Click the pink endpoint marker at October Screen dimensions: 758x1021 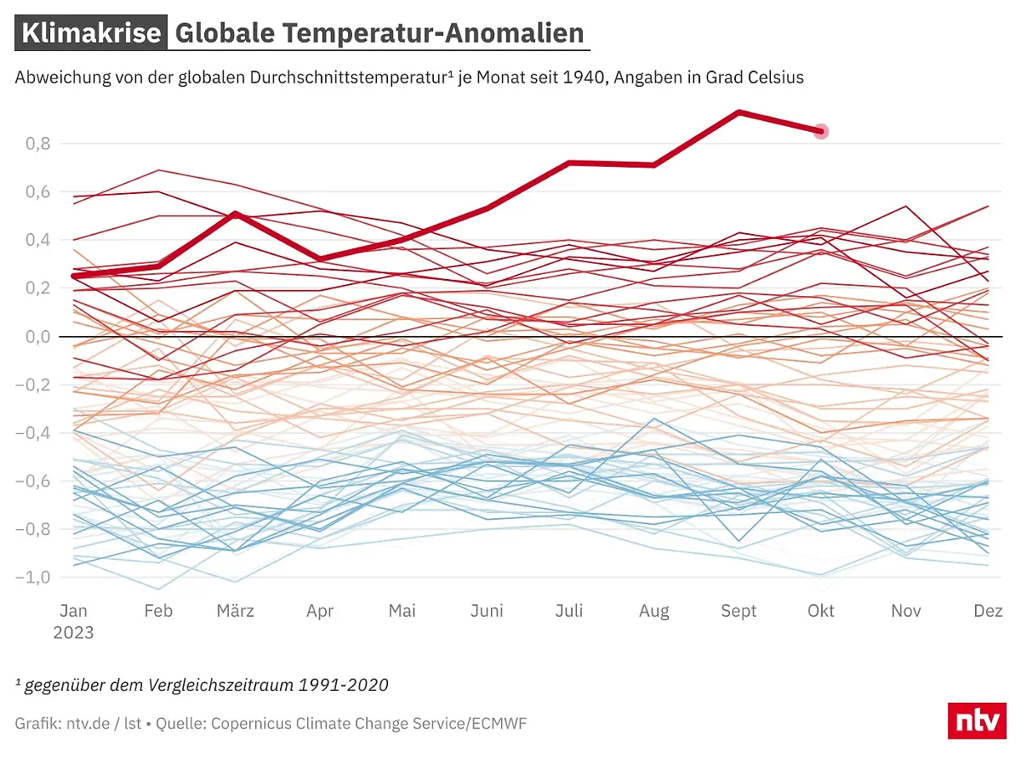821,131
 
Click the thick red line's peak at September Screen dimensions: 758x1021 739,112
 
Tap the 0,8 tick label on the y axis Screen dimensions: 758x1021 37,144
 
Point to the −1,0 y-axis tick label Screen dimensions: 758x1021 34,578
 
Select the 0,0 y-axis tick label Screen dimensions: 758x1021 37,337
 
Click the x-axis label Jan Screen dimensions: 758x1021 73,611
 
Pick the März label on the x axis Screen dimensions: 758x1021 236,611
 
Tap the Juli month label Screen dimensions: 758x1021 569,611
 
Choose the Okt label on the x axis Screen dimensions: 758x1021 821,611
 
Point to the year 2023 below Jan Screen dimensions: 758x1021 74,633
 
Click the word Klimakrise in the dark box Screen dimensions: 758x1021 91,33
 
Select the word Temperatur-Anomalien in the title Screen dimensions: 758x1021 433,33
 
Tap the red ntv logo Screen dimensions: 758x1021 977,721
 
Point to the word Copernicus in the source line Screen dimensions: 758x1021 253,724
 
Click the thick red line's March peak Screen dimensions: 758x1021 236,214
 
